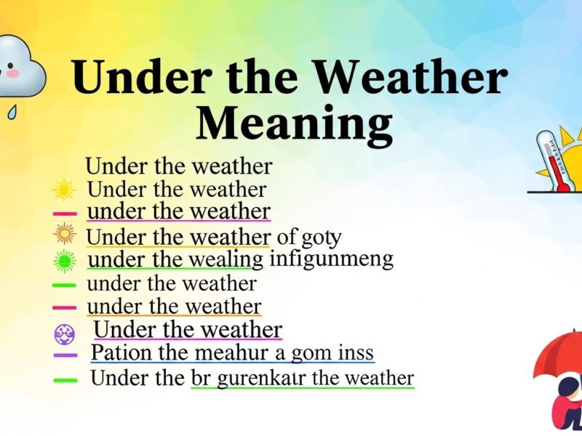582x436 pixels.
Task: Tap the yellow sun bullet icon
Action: tap(64, 190)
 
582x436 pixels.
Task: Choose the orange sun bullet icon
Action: tap(64, 234)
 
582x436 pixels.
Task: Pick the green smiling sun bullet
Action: tap(64, 259)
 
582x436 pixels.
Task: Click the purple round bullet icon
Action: tap(64, 333)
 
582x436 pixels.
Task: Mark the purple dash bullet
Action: tap(64, 355)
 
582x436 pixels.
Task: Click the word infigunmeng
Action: tap(331, 259)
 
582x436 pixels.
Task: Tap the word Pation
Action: tap(114, 353)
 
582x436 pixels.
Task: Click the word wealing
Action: tap(228, 259)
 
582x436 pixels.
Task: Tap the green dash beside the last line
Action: tap(64, 379)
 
